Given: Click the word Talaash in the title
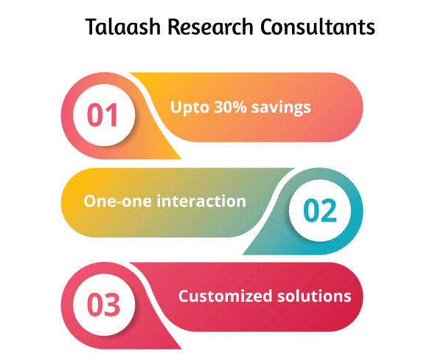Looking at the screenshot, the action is pos(123,27).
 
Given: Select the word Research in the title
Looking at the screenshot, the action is pos(210,27).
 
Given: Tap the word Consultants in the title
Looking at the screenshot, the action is pos(318,27).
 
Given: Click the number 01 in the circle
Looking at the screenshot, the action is pos(102,114).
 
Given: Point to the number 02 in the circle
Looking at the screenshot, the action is pos(320,210).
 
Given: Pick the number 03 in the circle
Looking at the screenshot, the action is pos(103,305).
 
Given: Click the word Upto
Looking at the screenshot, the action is pos(190,108).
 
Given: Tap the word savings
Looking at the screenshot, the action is pos(281,108).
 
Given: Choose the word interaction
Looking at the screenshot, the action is pos(201,201).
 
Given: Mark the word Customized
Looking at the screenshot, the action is pos(225,296).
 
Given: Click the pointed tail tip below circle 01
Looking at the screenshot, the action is pos(181,159).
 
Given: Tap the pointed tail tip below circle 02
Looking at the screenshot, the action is pos(243,254).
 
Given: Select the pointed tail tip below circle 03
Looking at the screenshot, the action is pos(181,349).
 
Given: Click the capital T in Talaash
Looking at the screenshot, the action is pos(93,27).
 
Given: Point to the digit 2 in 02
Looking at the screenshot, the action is pos(329,210).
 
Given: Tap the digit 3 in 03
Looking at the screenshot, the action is pos(112,305).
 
